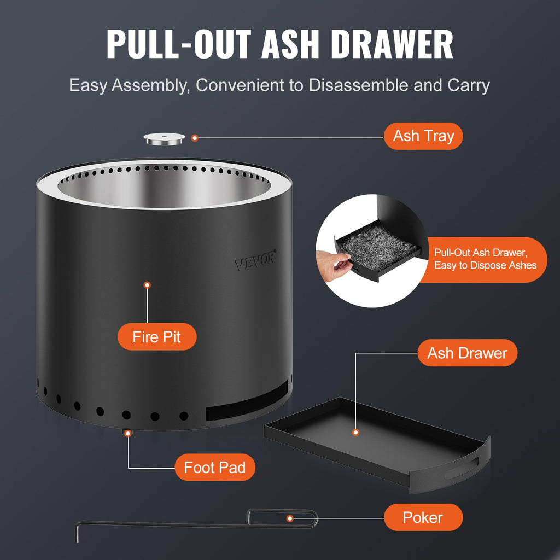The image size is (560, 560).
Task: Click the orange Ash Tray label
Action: pos(423,136)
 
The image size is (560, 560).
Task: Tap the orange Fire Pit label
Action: pos(156,336)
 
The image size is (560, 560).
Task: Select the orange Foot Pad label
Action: pos(214,468)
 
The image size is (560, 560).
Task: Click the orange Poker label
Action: pos(423,517)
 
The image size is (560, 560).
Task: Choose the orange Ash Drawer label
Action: pos(467,353)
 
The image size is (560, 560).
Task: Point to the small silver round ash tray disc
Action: pos(164,139)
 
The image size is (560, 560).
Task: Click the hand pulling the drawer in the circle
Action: pos(332,264)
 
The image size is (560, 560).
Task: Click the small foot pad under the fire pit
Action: pos(125,432)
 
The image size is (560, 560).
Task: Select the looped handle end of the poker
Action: pos(306,518)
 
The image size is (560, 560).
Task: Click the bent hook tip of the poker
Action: pos(78,532)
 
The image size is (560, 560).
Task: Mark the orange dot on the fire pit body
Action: pos(147,285)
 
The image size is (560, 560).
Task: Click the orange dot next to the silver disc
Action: pos(195,139)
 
